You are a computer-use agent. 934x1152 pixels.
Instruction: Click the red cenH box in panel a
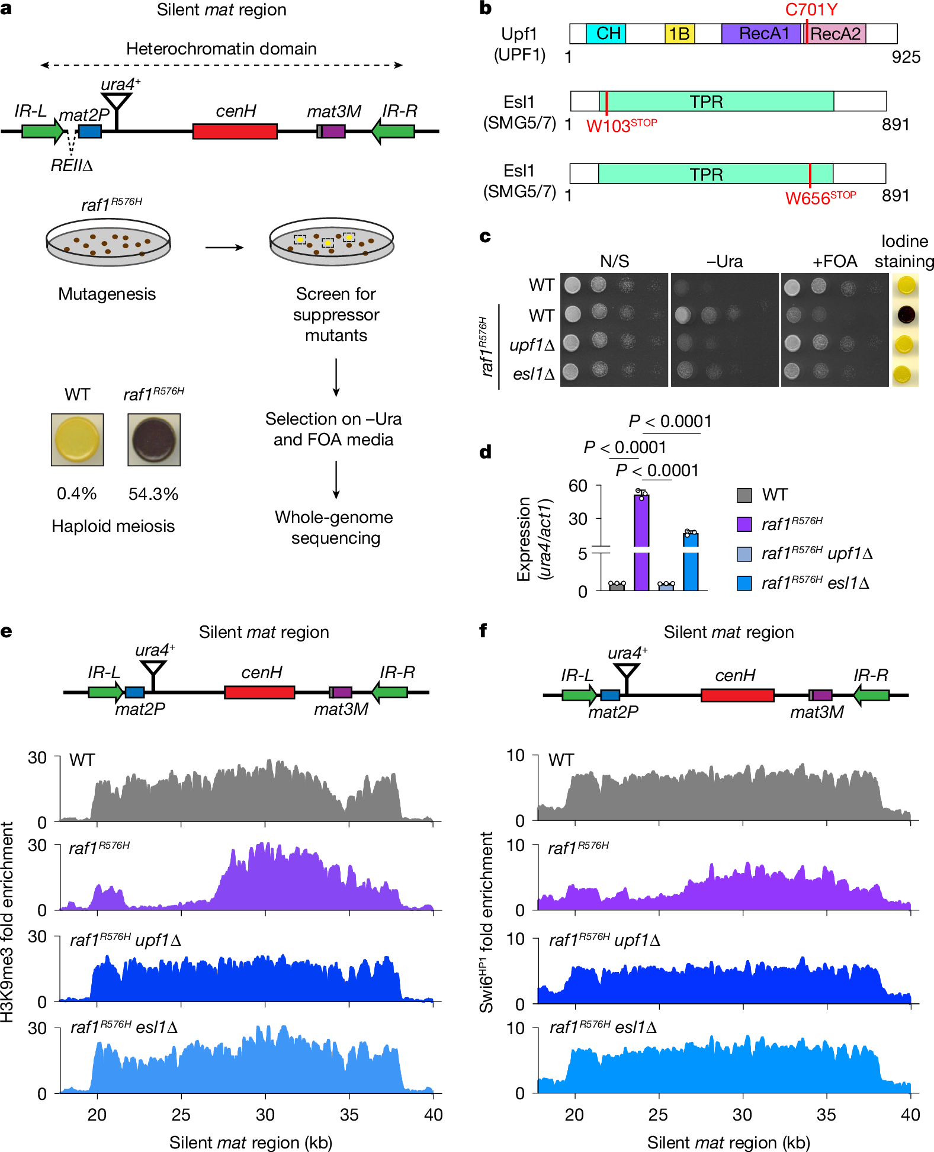[x=235, y=131]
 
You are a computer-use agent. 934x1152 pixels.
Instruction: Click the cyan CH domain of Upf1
[x=605, y=34]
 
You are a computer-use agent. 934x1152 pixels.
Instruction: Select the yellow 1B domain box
[x=679, y=34]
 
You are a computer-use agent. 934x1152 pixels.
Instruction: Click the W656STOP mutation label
[x=820, y=198]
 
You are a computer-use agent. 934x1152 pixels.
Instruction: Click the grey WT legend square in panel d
[x=744, y=495]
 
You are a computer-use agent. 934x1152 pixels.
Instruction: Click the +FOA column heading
[x=834, y=261]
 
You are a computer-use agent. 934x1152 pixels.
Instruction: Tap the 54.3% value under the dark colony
[x=153, y=494]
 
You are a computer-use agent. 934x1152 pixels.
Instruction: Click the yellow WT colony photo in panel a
[x=77, y=439]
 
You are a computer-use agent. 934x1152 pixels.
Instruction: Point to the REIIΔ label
[x=72, y=165]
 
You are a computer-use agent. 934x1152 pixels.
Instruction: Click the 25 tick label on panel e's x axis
[x=181, y=1115]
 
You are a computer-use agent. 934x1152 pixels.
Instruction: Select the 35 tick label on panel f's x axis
[x=826, y=1115]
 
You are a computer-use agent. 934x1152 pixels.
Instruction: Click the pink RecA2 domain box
[x=836, y=34]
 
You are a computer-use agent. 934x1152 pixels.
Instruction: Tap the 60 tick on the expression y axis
[x=577, y=486]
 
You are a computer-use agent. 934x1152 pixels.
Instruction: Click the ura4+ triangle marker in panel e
[x=153, y=668]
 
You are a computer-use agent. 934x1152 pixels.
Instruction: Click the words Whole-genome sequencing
[x=334, y=527]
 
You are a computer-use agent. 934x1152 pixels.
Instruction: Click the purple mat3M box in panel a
[x=333, y=131]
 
